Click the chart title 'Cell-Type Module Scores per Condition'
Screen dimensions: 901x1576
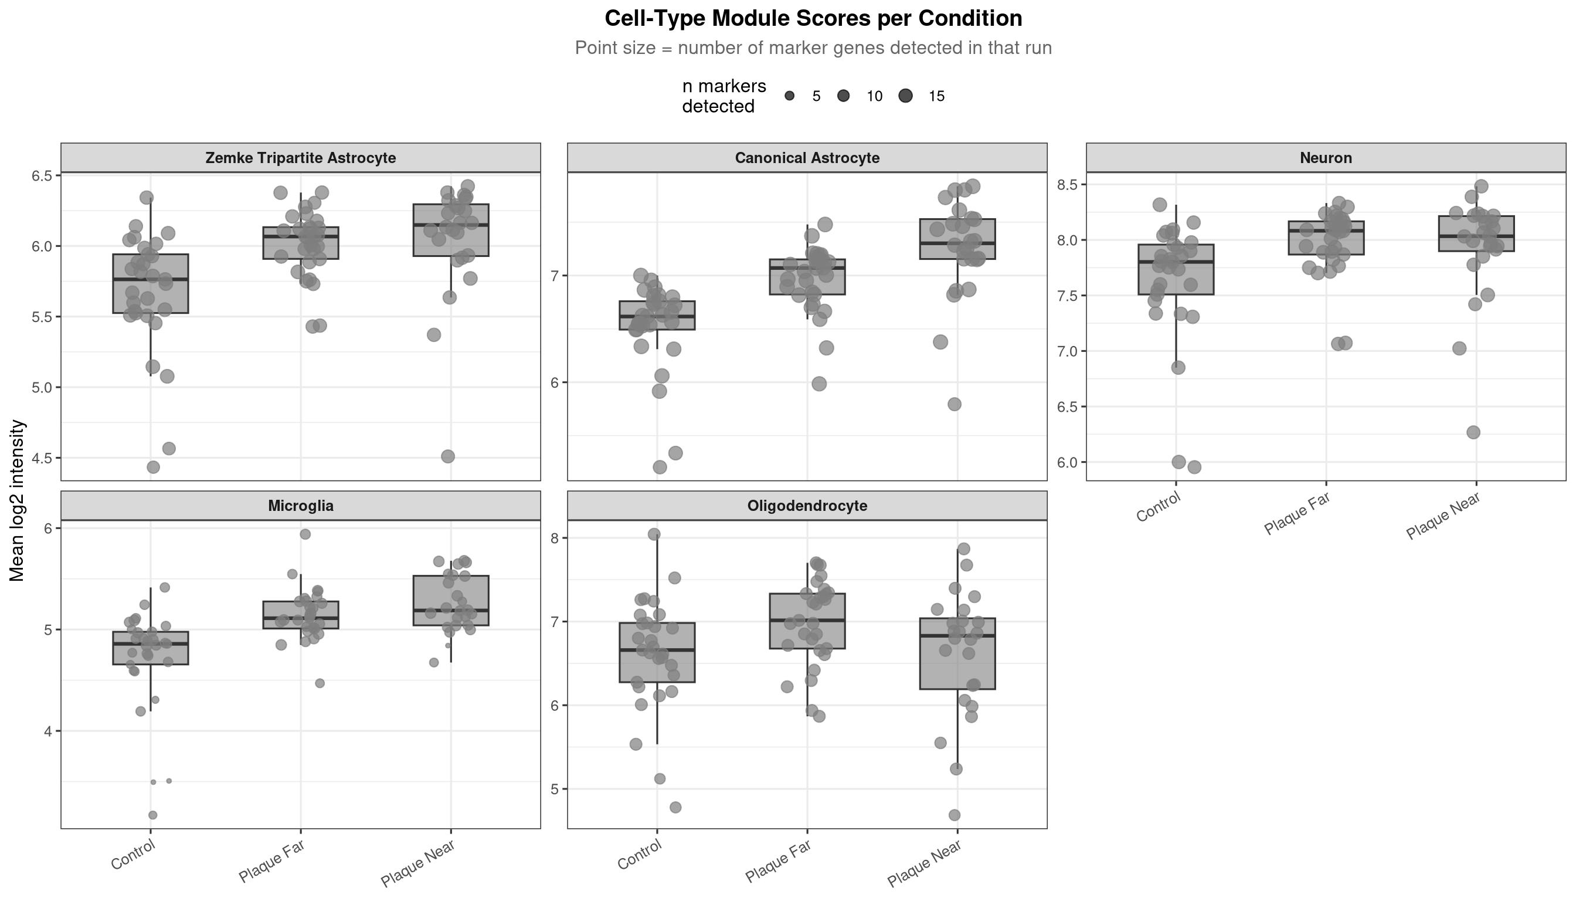click(x=813, y=19)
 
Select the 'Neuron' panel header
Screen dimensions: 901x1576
click(x=1326, y=158)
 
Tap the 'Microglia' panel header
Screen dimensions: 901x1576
click(x=301, y=506)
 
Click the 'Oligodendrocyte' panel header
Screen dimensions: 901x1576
click(x=807, y=506)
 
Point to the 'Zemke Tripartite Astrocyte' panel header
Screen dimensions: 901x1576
click(x=301, y=158)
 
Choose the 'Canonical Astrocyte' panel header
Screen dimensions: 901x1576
click(x=807, y=158)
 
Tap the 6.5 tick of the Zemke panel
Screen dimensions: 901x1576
click(x=42, y=176)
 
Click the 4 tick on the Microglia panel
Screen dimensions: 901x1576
click(x=48, y=731)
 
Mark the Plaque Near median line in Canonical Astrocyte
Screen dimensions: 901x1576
click(x=957, y=243)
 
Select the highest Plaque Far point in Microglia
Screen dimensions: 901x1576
click(x=305, y=534)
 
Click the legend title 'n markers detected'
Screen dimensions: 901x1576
click(x=724, y=97)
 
